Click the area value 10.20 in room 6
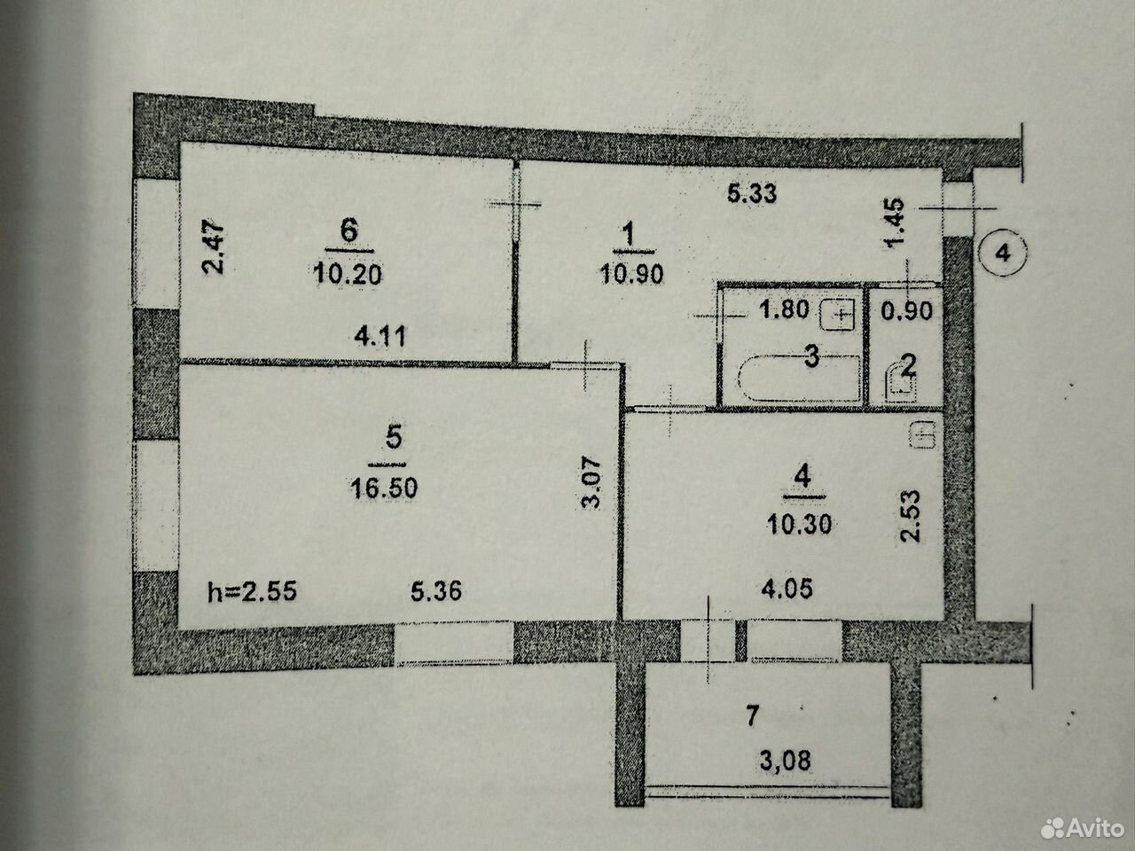(x=348, y=274)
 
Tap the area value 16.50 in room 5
(x=384, y=488)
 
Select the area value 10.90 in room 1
(x=631, y=274)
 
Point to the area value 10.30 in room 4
(x=800, y=525)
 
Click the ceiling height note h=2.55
(x=253, y=591)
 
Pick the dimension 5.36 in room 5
(x=436, y=591)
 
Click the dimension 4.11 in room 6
(x=380, y=337)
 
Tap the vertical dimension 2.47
(x=213, y=247)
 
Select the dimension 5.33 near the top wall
(x=752, y=194)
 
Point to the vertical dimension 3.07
(x=591, y=483)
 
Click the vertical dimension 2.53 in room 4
(x=910, y=516)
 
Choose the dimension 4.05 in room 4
(x=787, y=589)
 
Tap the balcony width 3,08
(x=786, y=761)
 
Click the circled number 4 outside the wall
(x=1003, y=254)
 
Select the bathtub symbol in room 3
(x=800, y=379)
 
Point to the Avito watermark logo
(x=1083, y=829)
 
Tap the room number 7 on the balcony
(x=752, y=716)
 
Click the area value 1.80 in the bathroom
(x=784, y=309)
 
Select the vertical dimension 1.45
(x=894, y=223)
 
